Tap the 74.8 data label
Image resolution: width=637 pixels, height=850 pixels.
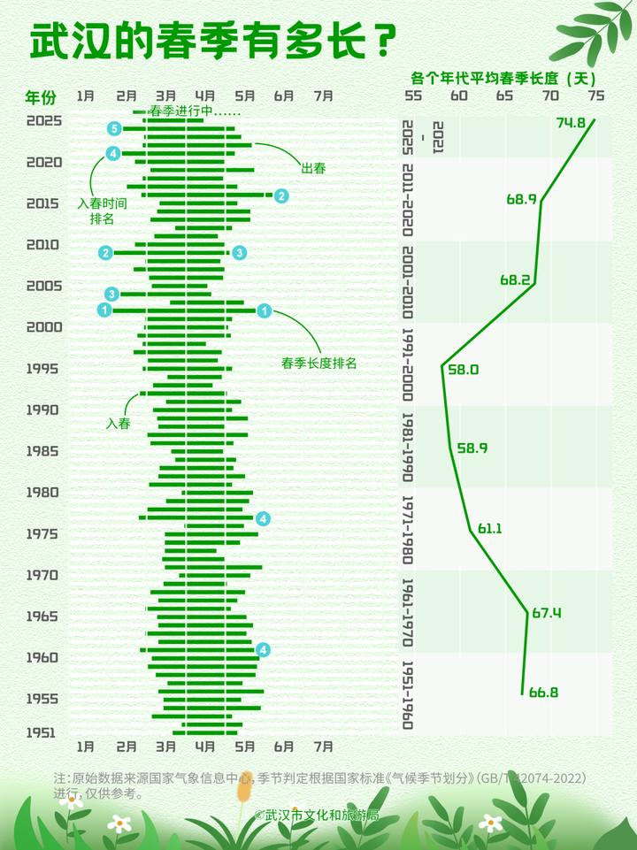[x=571, y=123]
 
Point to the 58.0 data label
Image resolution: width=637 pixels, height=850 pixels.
[x=463, y=370]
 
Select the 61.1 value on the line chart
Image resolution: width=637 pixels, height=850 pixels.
[x=490, y=529]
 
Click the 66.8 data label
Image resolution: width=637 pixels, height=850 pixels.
[x=543, y=693]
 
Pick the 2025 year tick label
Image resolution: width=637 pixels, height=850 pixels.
[x=44, y=121]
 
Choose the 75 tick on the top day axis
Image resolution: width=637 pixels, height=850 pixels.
[x=595, y=96]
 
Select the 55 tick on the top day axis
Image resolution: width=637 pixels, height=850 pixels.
[x=413, y=96]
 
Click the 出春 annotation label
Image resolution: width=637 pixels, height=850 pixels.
[x=313, y=168]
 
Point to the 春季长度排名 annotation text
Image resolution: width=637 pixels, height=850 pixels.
[x=318, y=363]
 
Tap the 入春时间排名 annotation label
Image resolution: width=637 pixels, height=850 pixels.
[x=103, y=211]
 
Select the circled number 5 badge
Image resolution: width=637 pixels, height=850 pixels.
[x=113, y=129]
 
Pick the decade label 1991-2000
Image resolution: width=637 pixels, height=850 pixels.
[x=408, y=364]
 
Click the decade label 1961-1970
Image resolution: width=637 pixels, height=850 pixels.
[x=408, y=612]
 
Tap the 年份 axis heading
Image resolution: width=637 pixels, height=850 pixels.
[x=40, y=96]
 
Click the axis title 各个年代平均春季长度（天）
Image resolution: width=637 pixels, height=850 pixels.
[x=505, y=76]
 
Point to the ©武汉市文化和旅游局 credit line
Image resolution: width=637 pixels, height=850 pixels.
[x=316, y=815]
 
